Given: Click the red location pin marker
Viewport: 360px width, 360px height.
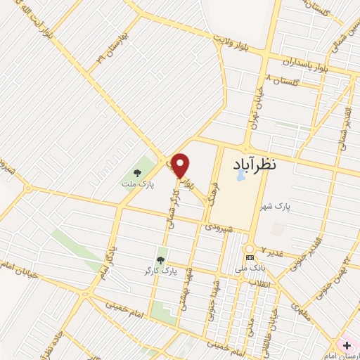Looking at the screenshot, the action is (x=181, y=166).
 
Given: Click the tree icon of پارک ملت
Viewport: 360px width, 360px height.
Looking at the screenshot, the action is (x=137, y=172).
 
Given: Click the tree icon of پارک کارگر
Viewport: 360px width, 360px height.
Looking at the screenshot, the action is (x=161, y=260).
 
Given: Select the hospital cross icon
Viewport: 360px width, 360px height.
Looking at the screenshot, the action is (x=347, y=345).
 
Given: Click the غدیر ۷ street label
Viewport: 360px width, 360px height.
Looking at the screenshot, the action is (x=273, y=251).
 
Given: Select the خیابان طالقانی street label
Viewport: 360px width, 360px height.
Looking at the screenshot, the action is (x=278, y=324).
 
